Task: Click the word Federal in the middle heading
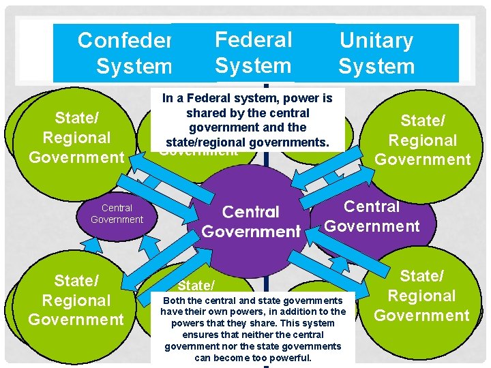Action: (x=253, y=40)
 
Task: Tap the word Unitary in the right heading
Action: (x=376, y=41)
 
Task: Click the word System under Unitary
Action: (x=376, y=67)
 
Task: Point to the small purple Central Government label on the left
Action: (x=117, y=213)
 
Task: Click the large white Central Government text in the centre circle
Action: (x=251, y=222)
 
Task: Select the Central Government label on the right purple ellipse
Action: (x=372, y=216)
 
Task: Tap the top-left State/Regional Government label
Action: (x=76, y=138)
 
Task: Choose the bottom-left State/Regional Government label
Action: (x=76, y=300)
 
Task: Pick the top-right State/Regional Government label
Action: (x=423, y=140)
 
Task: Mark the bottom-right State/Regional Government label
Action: (x=421, y=296)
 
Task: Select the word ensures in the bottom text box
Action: (x=200, y=335)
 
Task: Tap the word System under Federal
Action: (x=252, y=65)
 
